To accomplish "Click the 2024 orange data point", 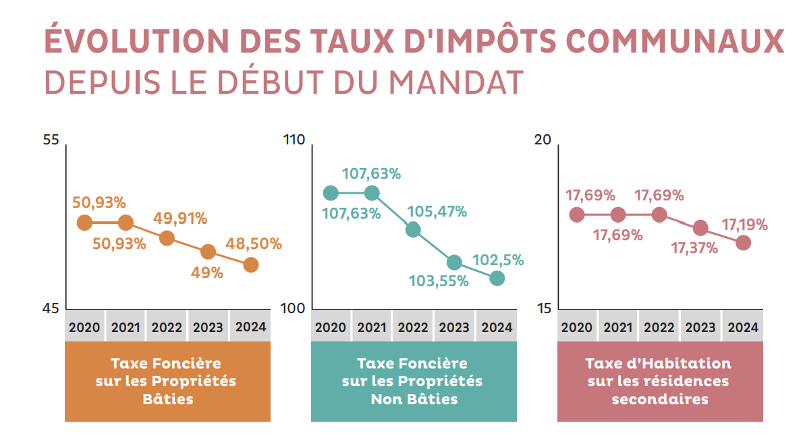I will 250,265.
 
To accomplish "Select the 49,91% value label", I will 180,219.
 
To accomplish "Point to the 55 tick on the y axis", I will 51,140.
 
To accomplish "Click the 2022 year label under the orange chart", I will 167,328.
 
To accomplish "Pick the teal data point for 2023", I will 454,262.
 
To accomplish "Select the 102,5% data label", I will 498,260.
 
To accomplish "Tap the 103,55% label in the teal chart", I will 439,281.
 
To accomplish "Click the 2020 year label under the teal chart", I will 331,328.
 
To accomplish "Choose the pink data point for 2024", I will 743,243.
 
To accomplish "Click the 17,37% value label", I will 694,248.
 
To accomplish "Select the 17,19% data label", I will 744,225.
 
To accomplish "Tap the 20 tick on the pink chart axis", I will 544,140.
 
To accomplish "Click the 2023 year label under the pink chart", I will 700,328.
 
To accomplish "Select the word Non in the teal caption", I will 385,399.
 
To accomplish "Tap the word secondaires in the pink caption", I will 660,399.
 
